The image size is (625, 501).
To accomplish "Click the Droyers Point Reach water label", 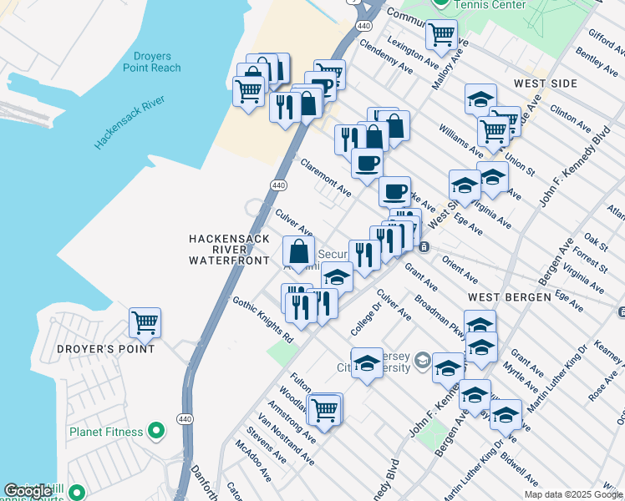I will point(151,63).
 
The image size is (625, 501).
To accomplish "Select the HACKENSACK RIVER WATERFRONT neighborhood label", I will point(229,250).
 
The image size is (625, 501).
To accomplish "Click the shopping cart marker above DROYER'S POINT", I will point(145,322).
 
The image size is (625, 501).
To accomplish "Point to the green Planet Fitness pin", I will point(155,432).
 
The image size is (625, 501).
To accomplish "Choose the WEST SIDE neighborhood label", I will point(545,84).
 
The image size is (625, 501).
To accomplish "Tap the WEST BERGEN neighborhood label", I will point(509,297).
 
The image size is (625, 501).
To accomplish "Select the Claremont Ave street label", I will point(326,178).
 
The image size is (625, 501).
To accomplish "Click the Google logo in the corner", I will point(28,492).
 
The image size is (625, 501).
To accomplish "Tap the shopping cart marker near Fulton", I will point(324,409).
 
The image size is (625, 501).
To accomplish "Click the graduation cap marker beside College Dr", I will point(366,364).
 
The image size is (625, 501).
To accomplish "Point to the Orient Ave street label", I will point(460,270).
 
